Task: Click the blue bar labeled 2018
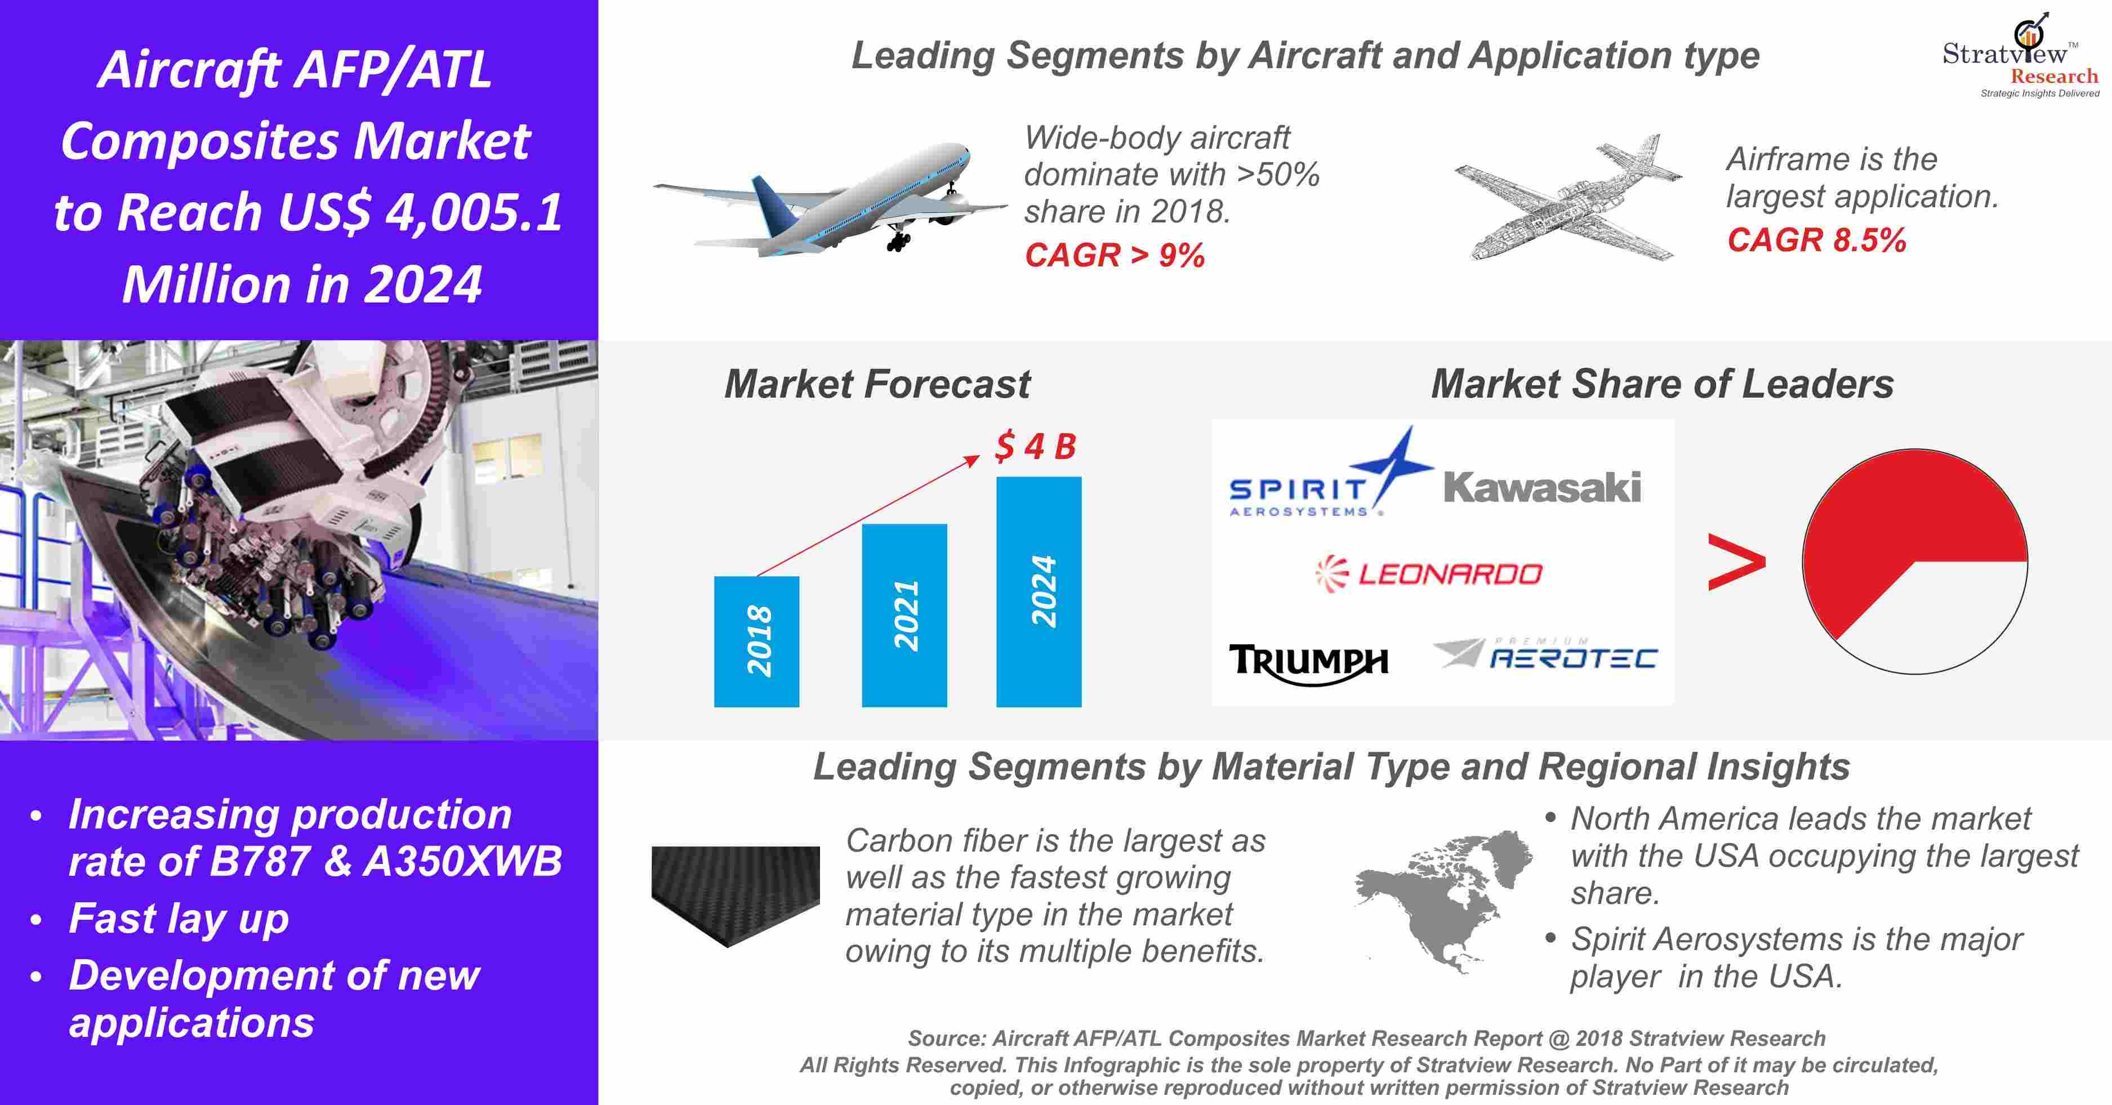(x=756, y=641)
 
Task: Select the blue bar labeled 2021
(x=904, y=615)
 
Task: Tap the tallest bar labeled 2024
(x=1039, y=591)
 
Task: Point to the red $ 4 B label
(x=1035, y=446)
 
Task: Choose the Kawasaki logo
(x=1541, y=487)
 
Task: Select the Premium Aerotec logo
(x=1545, y=653)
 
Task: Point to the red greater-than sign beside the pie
(x=1736, y=562)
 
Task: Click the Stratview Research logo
(x=2020, y=56)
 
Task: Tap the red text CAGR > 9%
(x=1114, y=256)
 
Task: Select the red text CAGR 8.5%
(x=1816, y=240)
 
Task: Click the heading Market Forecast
(x=877, y=384)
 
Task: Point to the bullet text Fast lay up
(x=179, y=918)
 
